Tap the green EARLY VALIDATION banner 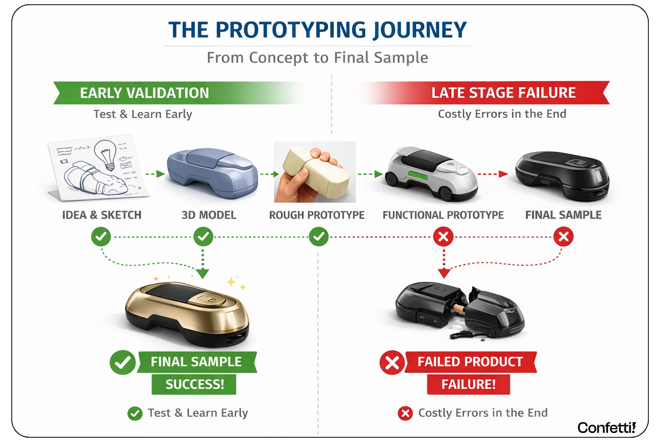[144, 93]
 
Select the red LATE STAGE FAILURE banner [503, 93]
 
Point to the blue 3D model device [212, 173]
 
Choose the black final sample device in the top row [562, 175]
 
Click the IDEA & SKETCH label [102, 215]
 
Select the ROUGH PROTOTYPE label [317, 215]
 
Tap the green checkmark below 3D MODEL [203, 237]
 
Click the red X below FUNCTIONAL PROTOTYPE [443, 237]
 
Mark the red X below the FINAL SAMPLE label [563, 237]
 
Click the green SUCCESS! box [194, 384]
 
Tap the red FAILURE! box [468, 384]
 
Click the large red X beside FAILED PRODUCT [392, 363]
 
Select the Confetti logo [606, 428]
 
